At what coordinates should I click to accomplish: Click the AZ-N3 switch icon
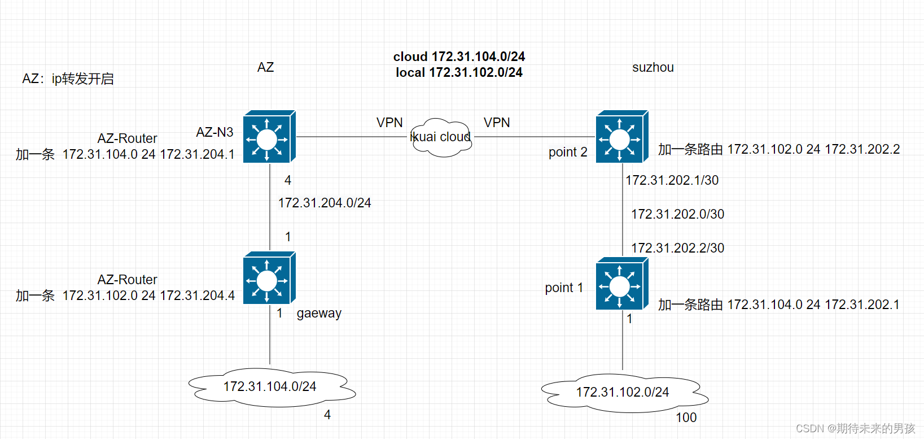pos(269,137)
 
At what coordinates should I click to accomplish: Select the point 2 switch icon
pos(621,137)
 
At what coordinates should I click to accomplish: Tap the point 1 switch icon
pos(621,284)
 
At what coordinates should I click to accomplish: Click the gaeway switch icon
pos(269,278)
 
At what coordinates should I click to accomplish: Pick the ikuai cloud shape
pos(441,137)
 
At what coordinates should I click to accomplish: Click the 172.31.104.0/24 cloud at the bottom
pos(270,387)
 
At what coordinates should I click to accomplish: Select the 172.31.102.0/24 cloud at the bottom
pos(623,392)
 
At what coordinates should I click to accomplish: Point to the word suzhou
pos(653,67)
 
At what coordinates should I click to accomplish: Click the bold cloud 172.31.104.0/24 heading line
pos(459,56)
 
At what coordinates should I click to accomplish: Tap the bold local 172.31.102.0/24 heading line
pos(459,72)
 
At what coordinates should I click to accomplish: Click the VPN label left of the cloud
pos(389,123)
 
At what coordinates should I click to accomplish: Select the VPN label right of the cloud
pos(497,123)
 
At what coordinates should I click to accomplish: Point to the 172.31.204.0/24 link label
pos(325,203)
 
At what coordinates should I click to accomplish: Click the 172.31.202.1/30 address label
pos(672,180)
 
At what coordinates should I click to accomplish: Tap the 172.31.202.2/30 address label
pos(677,248)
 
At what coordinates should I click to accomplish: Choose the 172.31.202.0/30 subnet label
pos(677,214)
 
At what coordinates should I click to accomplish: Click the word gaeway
pos(319,313)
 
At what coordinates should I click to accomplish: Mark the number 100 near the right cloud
pos(686,418)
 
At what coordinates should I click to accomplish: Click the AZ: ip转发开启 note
pos(68,79)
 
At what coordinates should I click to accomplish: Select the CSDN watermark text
pos(855,428)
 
